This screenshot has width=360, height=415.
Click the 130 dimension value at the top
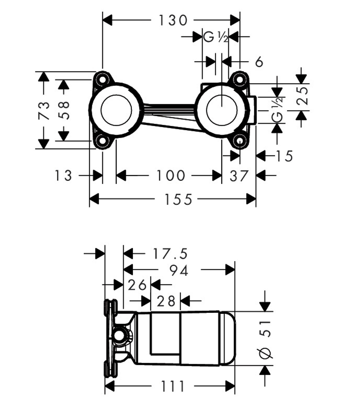[173, 20]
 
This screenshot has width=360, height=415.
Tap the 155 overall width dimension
[178, 200]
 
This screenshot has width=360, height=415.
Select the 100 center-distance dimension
[171, 175]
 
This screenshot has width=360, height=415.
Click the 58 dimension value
[64, 110]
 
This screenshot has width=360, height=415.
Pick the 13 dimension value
[63, 175]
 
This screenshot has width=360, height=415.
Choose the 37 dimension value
[239, 176]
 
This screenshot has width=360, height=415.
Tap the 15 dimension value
[284, 156]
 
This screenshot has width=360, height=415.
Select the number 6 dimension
[259, 62]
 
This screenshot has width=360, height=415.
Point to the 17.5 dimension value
[170, 254]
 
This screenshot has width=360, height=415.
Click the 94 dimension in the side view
[179, 270]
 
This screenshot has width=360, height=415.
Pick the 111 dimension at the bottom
[172, 386]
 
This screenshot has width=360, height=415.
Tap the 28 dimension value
[166, 301]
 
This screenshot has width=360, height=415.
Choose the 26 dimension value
[137, 285]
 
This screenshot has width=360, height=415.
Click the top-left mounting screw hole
[102, 79]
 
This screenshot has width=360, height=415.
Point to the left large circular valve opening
[116, 110]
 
